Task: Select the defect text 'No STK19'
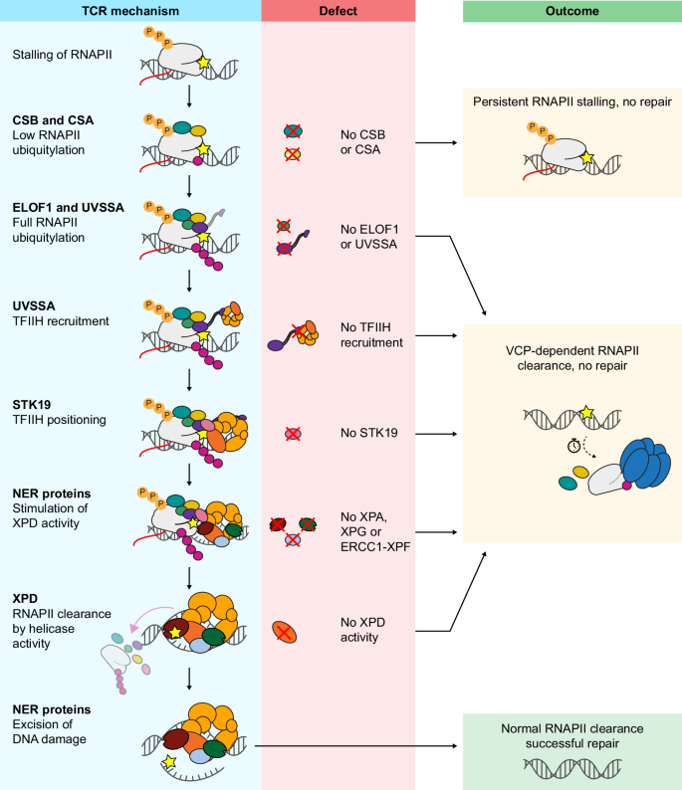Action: pyautogui.click(x=369, y=434)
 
